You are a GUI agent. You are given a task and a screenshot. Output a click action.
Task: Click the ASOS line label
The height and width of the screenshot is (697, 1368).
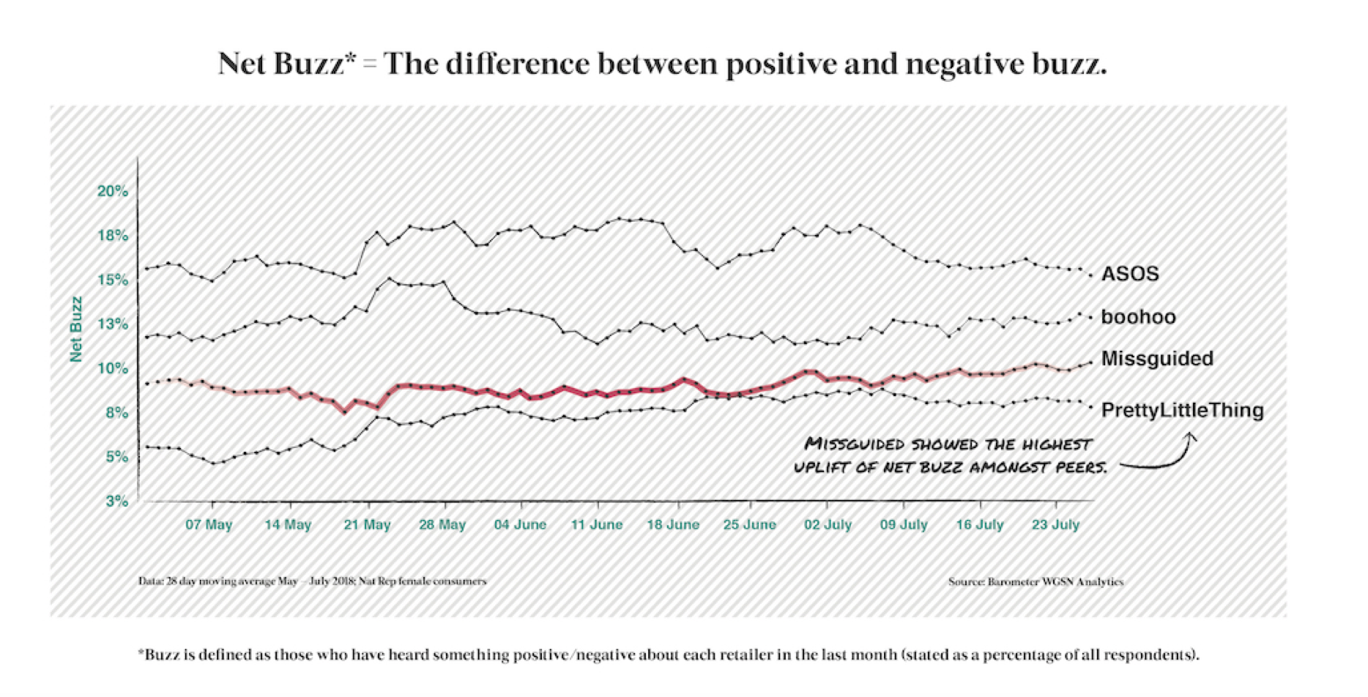click(1130, 274)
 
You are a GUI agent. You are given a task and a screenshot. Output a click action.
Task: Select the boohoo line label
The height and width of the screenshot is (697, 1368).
click(1138, 317)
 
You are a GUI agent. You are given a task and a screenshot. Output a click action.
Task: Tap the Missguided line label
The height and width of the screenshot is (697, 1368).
click(1157, 359)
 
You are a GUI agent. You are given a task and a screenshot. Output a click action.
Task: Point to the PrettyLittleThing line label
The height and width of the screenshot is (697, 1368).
click(1182, 410)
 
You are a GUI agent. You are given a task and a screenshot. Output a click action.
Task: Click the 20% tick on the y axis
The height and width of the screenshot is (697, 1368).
click(113, 191)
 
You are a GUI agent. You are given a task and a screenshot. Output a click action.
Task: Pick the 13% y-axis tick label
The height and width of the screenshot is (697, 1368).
click(113, 324)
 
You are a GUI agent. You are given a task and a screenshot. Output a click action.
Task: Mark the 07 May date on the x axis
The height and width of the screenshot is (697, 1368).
click(209, 525)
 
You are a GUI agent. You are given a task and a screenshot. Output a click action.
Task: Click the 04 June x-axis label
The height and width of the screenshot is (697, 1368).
click(520, 525)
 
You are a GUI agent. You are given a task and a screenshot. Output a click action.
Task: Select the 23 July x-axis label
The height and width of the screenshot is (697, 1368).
click(1055, 525)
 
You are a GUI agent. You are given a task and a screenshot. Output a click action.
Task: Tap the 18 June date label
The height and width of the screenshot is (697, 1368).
click(673, 525)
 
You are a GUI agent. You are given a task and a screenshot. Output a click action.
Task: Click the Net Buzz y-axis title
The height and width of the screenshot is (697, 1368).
click(76, 329)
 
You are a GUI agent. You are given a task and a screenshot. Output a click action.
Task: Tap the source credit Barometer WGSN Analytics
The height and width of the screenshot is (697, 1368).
click(1036, 582)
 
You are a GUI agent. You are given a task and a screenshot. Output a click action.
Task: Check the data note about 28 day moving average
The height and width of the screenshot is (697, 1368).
click(312, 581)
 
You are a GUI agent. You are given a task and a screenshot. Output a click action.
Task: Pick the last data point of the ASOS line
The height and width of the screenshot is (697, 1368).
click(1090, 275)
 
